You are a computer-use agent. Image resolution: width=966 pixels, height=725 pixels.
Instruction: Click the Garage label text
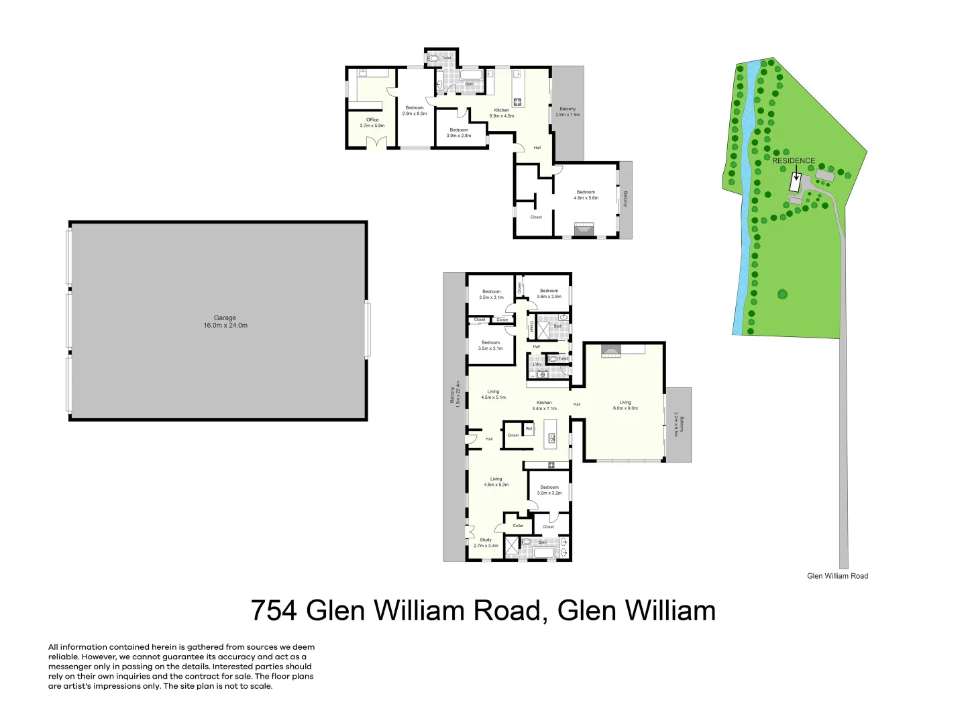click(225, 318)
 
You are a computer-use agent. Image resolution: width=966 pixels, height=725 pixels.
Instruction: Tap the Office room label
click(372, 120)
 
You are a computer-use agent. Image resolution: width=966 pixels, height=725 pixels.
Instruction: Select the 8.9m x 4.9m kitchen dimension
click(502, 116)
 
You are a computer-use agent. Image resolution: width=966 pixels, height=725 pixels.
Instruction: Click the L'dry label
click(537, 365)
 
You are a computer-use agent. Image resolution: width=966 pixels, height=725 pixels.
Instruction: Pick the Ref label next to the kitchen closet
click(529, 428)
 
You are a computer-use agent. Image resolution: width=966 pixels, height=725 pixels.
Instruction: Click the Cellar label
click(518, 526)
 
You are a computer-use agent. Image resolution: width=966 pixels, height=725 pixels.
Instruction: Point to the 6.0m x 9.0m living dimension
click(625, 408)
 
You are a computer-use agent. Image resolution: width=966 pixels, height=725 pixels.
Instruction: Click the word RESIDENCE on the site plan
click(794, 161)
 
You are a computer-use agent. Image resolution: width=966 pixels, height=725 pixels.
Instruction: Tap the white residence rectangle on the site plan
click(796, 183)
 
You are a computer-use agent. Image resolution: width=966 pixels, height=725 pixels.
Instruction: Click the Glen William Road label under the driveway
click(837, 576)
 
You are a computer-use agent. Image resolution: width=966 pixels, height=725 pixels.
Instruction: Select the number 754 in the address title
click(274, 611)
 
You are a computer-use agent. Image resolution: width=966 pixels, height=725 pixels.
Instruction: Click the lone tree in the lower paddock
click(782, 293)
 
